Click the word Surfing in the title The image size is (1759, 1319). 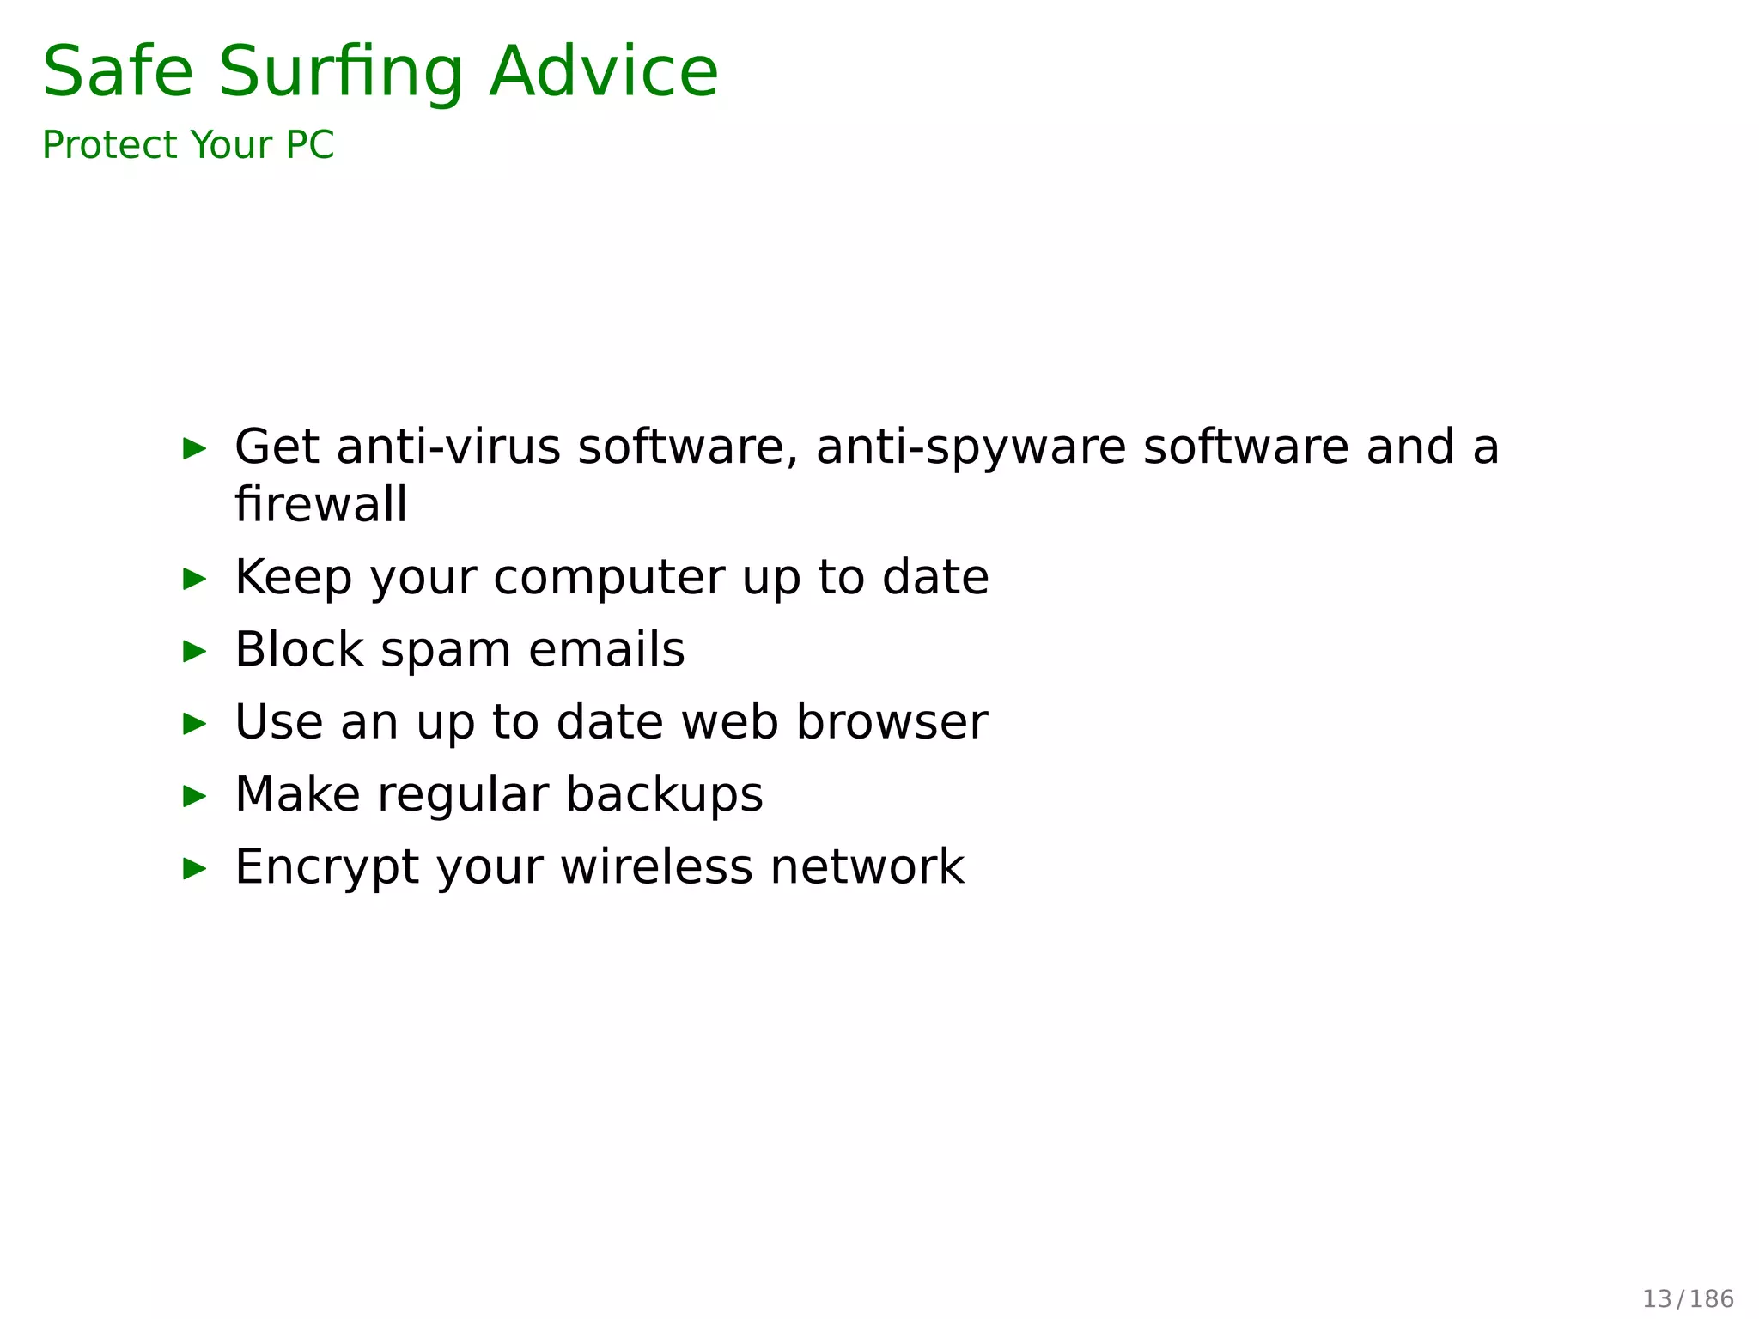pyautogui.click(x=341, y=72)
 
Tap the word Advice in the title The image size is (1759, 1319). pyautogui.click(x=603, y=72)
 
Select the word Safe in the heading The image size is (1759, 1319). pyautogui.click(x=118, y=72)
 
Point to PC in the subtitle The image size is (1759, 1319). pyautogui.click(x=309, y=145)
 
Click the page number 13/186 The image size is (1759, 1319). pyautogui.click(x=1688, y=1298)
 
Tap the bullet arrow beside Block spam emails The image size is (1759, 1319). pyautogui.click(x=195, y=651)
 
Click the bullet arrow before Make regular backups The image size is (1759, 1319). pyautogui.click(x=195, y=796)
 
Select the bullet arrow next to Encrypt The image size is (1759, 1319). pyautogui.click(x=195, y=868)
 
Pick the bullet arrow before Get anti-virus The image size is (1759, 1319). pyautogui.click(x=195, y=447)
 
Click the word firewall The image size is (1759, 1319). pyautogui.click(x=320, y=504)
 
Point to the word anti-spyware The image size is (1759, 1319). pyautogui.click(x=971, y=448)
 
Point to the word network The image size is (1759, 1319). pyautogui.click(x=867, y=867)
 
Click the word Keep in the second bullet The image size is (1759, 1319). pyautogui.click(x=293, y=578)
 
